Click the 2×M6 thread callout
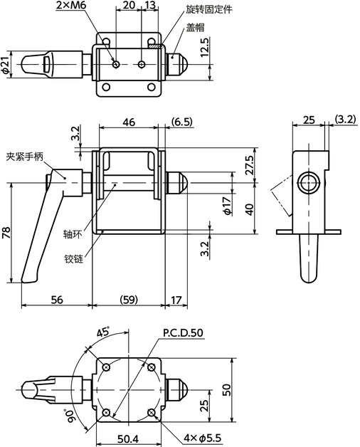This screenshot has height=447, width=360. (x=72, y=6)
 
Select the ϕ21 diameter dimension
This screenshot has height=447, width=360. (x=6, y=65)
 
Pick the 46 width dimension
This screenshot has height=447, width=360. (x=129, y=122)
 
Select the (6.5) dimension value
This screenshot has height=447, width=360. (x=182, y=122)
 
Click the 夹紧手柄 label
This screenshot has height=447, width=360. (x=25, y=154)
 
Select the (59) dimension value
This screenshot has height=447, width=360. (x=128, y=300)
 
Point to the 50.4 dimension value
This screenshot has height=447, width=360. (x=129, y=437)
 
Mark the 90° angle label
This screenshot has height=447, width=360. (x=69, y=415)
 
